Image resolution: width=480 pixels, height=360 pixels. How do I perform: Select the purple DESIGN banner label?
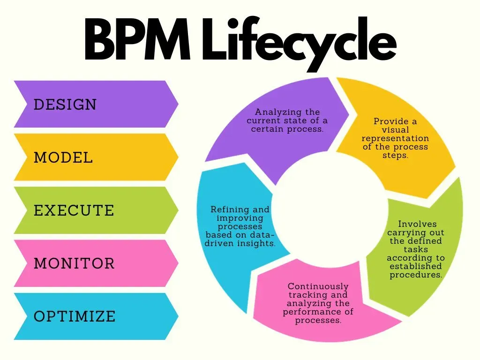coord(65,104)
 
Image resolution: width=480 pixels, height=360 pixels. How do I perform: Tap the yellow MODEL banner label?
coord(63,157)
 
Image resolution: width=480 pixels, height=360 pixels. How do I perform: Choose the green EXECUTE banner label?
coord(74,210)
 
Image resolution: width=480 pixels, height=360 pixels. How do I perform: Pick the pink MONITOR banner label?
coord(74,263)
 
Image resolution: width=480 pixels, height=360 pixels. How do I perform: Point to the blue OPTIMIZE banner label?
coord(75,316)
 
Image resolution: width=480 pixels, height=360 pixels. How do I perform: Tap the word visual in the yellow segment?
coord(395,130)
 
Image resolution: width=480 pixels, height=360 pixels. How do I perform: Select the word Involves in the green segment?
coord(417,224)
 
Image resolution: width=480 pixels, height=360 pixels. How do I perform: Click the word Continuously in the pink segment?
coord(318,286)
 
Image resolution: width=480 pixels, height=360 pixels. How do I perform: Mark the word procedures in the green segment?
coord(416,275)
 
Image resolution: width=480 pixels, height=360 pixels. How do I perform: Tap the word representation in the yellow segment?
coord(395,138)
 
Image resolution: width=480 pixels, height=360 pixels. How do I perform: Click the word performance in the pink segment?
coord(318,312)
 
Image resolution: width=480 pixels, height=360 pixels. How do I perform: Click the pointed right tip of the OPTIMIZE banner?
coord(178,316)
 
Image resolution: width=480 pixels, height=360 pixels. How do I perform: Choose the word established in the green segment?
coord(416,266)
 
